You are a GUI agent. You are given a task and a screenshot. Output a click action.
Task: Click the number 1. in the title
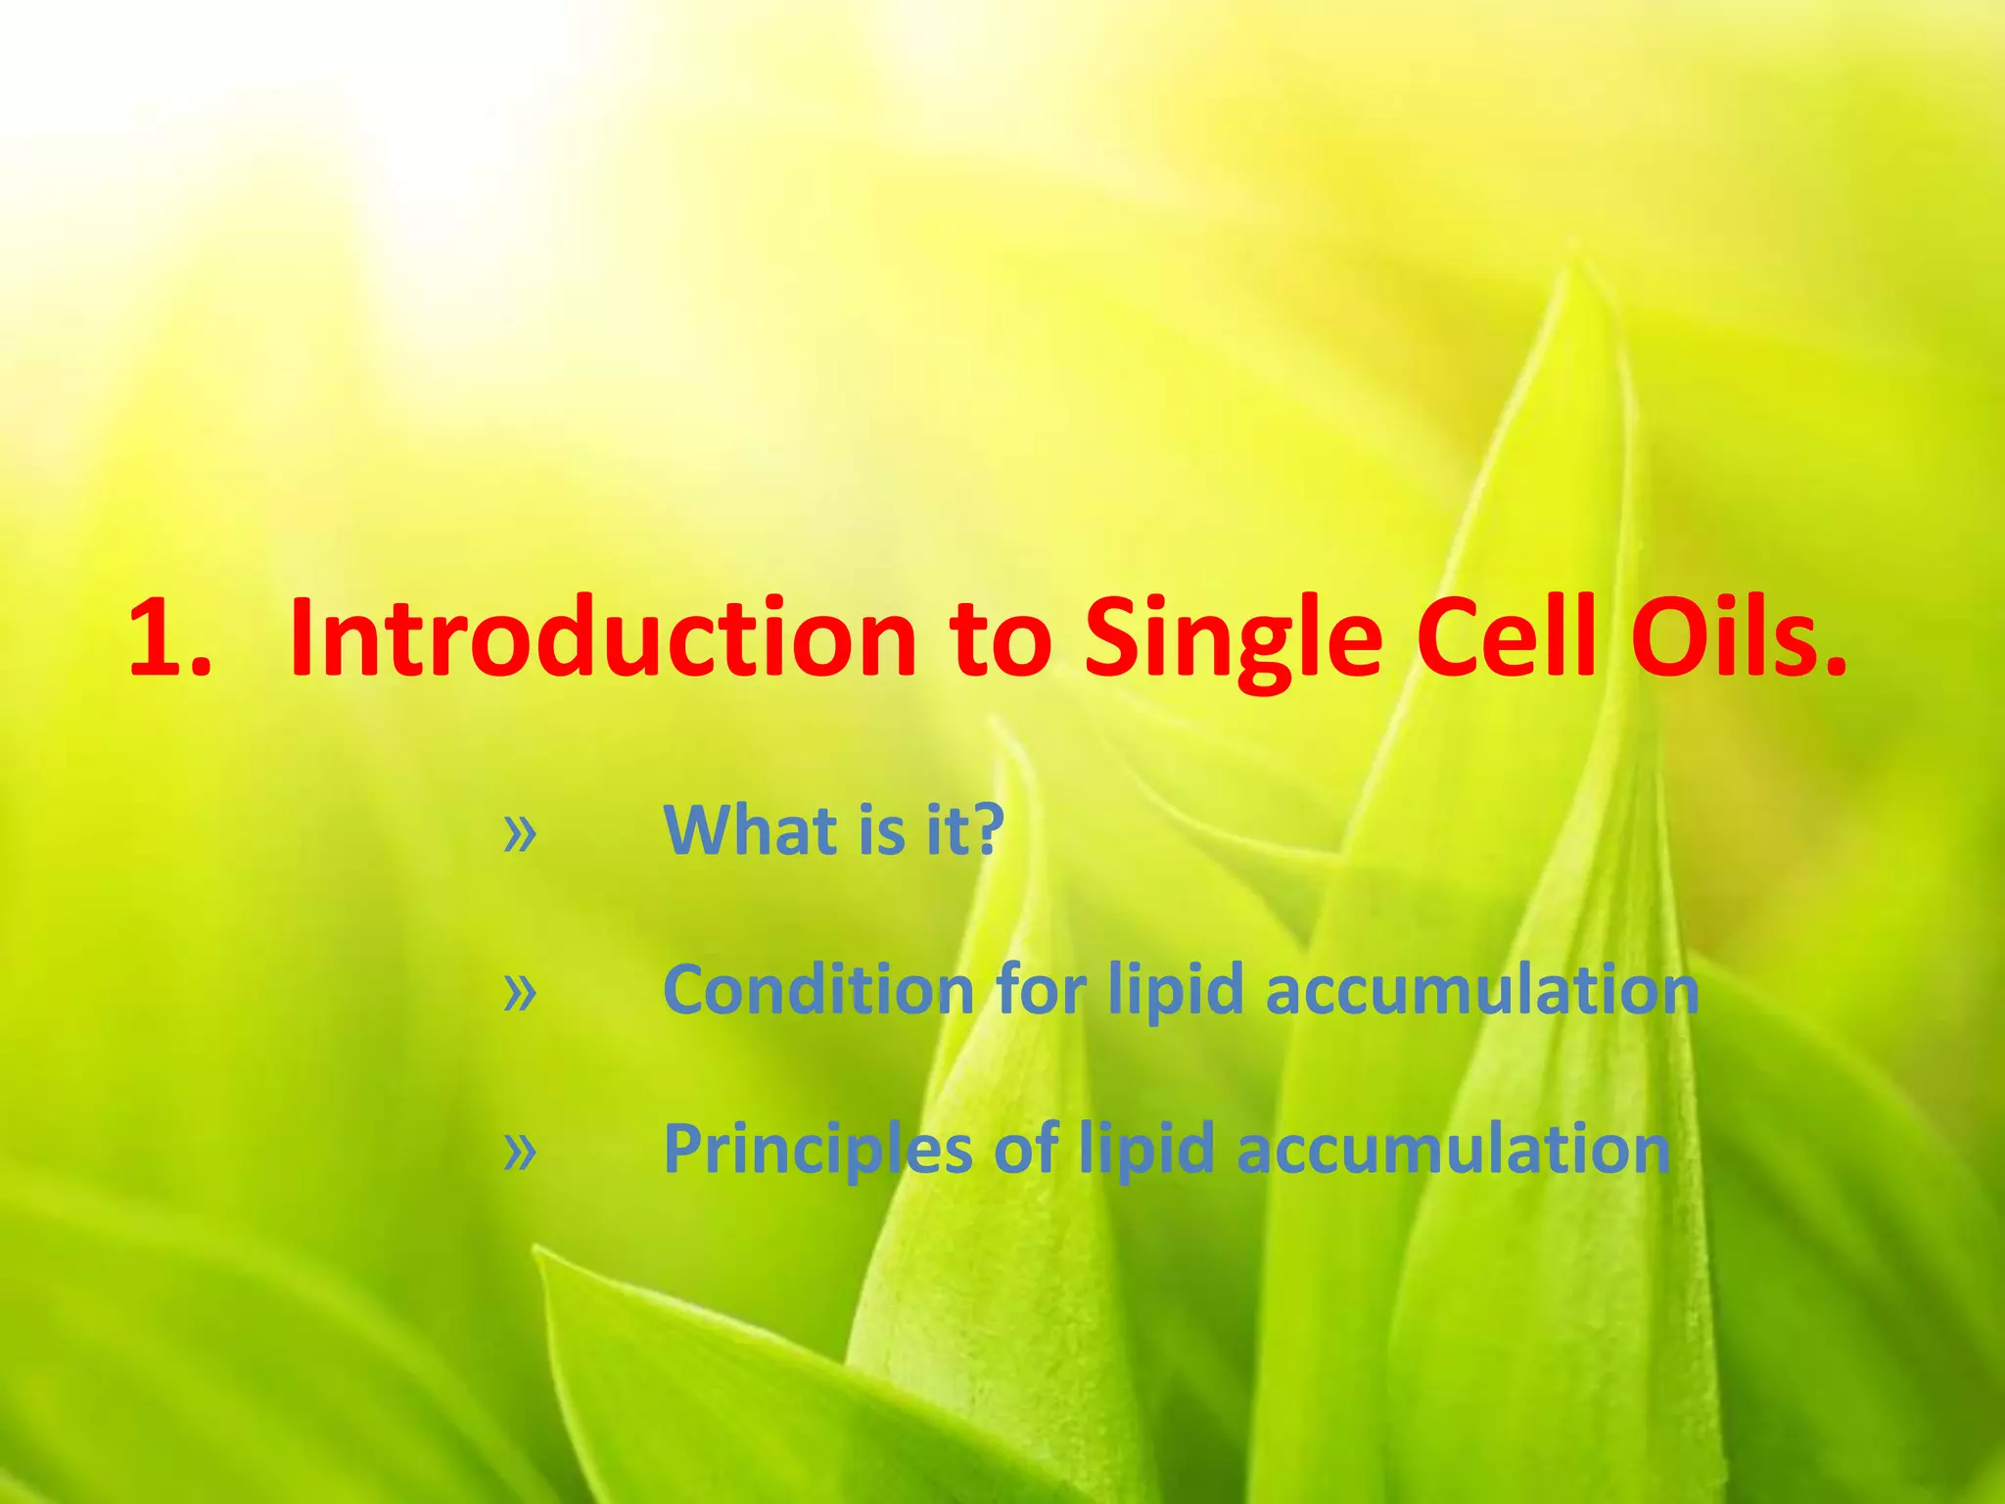pos(168,638)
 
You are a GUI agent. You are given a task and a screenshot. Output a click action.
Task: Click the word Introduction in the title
pos(601,638)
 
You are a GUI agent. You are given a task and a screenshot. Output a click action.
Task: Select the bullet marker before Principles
pos(520,1151)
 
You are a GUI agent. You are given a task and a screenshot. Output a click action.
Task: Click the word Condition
pos(818,990)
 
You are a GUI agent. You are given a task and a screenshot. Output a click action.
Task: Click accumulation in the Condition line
pos(1482,990)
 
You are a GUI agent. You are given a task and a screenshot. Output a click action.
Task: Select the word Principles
pos(818,1151)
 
